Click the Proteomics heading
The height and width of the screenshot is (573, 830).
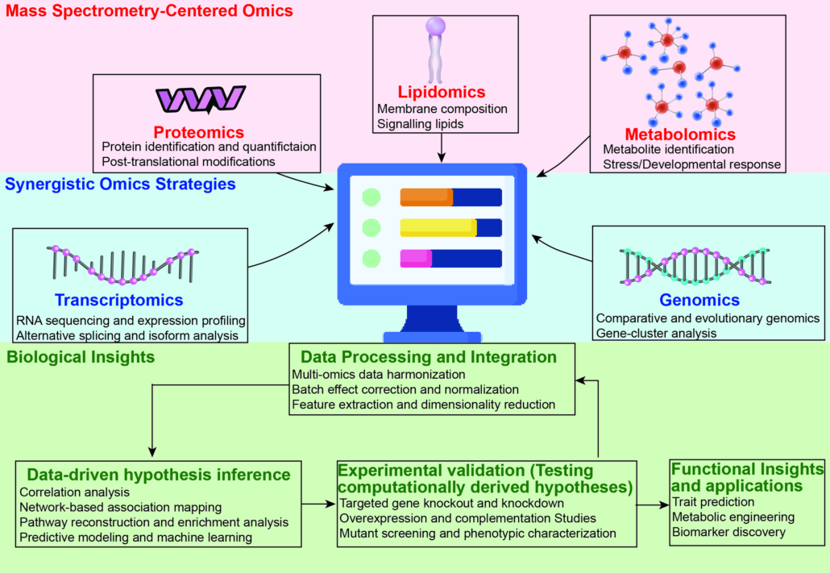pyautogui.click(x=199, y=131)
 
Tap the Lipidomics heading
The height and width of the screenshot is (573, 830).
pyautogui.click(x=442, y=92)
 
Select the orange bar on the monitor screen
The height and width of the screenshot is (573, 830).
pyautogui.click(x=426, y=197)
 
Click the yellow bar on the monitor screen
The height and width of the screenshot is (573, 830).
pyautogui.click(x=438, y=228)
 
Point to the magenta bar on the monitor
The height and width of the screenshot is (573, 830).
pyautogui.click(x=416, y=259)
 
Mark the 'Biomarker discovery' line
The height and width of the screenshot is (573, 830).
pyautogui.click(x=728, y=532)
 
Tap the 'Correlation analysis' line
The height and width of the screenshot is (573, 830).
pyautogui.click(x=74, y=491)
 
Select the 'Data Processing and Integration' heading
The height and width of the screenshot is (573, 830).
pyautogui.click(x=428, y=356)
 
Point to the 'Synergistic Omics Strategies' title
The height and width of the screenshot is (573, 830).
pyautogui.click(x=120, y=184)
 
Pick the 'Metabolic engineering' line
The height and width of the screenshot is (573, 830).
pyautogui.click(x=733, y=517)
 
